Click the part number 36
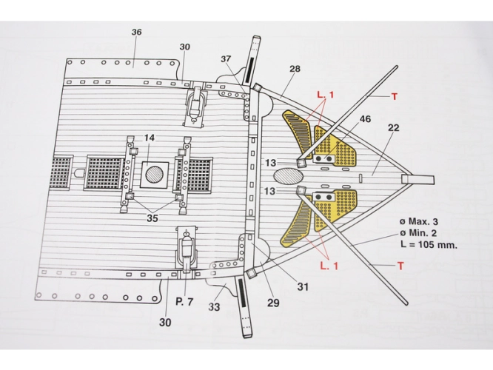pyautogui.click(x=136, y=32)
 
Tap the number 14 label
pyautogui.click(x=150, y=138)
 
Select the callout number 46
pyautogui.click(x=365, y=119)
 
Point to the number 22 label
pyautogui.click(x=393, y=127)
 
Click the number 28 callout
pyautogui.click(x=295, y=69)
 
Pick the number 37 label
pyautogui.click(x=226, y=58)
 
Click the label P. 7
pyautogui.click(x=184, y=302)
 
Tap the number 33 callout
pyautogui.click(x=214, y=307)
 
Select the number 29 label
pyautogui.click(x=273, y=303)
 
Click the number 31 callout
pyautogui.click(x=303, y=286)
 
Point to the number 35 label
pyautogui.click(x=152, y=218)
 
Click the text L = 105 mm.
pyautogui.click(x=429, y=245)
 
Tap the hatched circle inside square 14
pyautogui.click(x=155, y=175)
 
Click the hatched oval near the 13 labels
pyautogui.click(x=288, y=175)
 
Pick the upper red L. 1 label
pyautogui.click(x=326, y=94)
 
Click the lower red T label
pyautogui.click(x=400, y=266)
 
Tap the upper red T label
pyautogui.click(x=395, y=96)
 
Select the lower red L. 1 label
pyautogui.click(x=329, y=266)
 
